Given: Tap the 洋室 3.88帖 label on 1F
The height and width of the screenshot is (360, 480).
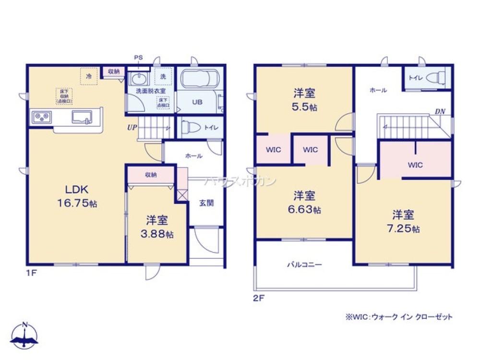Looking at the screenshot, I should (157, 227).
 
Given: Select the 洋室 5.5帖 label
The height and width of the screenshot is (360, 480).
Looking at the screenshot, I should (304, 99).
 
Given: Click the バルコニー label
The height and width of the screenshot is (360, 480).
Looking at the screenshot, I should (304, 264).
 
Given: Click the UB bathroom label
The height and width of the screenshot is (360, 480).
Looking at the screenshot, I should (197, 102).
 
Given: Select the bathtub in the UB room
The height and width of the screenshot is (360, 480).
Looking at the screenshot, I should (199, 78).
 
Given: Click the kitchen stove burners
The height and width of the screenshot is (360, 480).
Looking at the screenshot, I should (41, 117).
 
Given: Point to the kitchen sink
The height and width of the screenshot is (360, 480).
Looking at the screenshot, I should (82, 117).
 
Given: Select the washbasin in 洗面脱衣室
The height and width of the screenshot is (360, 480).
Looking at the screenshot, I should (139, 79).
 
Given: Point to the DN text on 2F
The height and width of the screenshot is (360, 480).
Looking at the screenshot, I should (440, 111).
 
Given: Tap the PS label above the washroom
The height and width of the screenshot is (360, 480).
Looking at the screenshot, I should (138, 58).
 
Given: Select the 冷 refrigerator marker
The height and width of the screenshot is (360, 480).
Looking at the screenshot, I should (89, 76).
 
